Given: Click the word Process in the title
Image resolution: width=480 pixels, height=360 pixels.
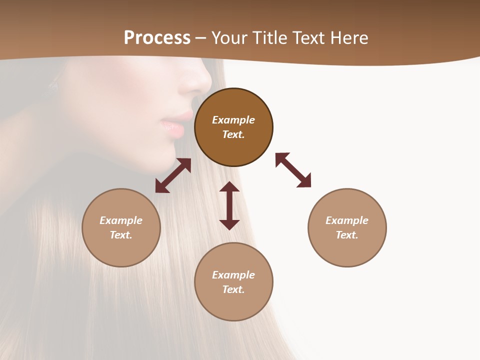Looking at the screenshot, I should (157, 38).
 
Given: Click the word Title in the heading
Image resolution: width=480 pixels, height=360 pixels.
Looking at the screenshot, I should (268, 38).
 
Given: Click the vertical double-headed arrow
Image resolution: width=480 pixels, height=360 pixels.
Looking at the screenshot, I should (229, 205).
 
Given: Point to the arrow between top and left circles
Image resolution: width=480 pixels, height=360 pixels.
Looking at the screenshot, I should (173, 175).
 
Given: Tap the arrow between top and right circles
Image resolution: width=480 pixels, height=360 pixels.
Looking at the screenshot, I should (293, 170).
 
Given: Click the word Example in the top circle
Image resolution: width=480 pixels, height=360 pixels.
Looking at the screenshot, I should (233, 120).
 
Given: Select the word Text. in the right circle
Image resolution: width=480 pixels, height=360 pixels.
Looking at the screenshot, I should (347, 235).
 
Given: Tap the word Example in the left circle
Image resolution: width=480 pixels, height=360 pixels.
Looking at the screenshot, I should (121, 220).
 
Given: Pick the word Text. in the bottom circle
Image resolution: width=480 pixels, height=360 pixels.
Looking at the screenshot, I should (233, 289).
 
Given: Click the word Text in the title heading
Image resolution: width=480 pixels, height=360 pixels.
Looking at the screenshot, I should (307, 38).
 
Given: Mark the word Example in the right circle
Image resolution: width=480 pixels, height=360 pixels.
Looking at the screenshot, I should (347, 220).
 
